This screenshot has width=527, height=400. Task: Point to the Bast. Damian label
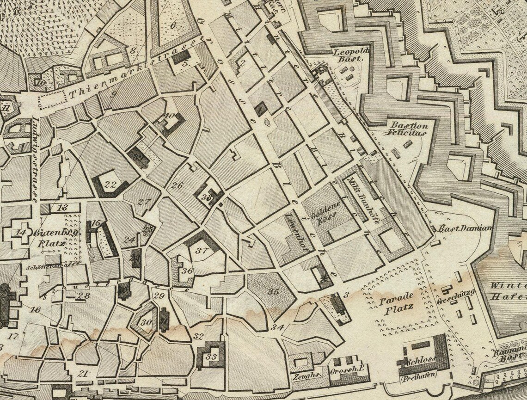(465, 228)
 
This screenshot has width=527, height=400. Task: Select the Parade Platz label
(396, 305)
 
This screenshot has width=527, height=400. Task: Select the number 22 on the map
(110, 184)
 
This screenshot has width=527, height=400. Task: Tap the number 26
(177, 186)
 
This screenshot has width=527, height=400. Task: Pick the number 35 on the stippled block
(274, 292)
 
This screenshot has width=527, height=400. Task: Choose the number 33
(212, 357)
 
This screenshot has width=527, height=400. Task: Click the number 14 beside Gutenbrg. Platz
(20, 233)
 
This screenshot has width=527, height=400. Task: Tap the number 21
(83, 373)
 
